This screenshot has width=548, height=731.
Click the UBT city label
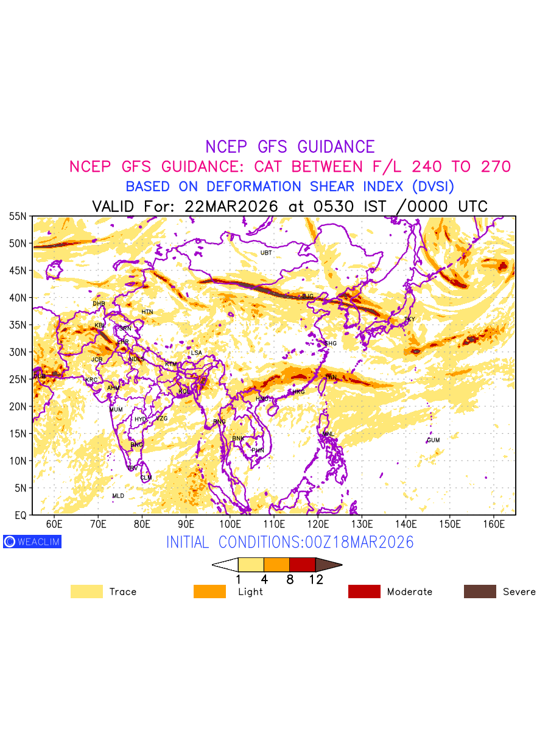266,253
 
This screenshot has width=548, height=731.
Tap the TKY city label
409,320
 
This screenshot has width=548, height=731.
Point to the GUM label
433,440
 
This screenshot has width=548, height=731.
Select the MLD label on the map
118,496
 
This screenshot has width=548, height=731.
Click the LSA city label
196,353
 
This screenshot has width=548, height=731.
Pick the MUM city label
116,410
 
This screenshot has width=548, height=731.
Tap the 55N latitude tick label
18,216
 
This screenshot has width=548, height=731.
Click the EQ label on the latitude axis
20,515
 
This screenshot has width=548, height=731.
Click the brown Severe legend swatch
480,592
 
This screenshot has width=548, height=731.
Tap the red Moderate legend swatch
364,592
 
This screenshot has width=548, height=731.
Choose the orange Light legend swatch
209,592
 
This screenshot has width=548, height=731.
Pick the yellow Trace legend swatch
86,592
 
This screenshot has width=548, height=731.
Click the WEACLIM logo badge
32,542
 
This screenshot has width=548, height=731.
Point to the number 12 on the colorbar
315,580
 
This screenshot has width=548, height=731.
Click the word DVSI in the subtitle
429,186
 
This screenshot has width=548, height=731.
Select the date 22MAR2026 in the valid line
231,207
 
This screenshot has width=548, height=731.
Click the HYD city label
141,420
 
